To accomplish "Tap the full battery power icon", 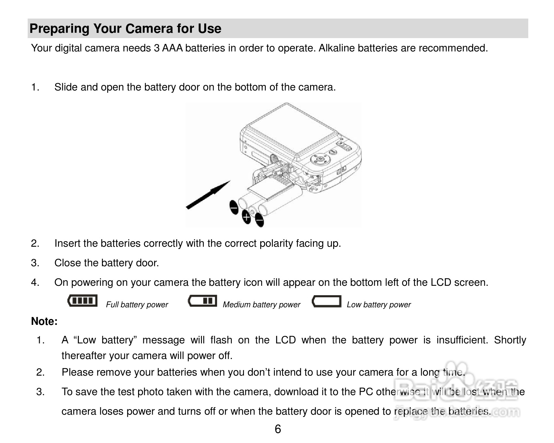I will click(83, 300).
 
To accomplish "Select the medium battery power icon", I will click(203, 300).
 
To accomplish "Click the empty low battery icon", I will click(326, 301).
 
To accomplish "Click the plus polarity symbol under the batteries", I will click(247, 217).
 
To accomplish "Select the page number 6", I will click(277, 429).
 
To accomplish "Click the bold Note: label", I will click(44, 321).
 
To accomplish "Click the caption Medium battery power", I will click(261, 305).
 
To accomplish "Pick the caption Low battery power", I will click(378, 305).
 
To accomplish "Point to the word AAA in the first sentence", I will click(172, 48).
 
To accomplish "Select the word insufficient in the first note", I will click(462, 340).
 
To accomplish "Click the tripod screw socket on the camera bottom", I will click(274, 159).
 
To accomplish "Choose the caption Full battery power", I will click(137, 305).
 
